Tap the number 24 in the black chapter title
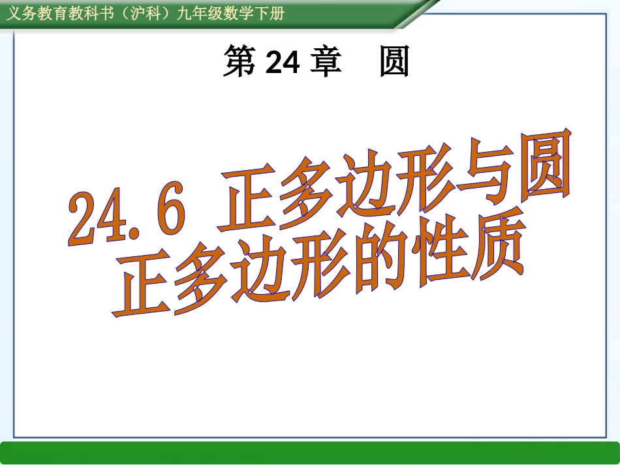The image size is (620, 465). click(283, 63)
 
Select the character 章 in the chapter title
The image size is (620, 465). click(326, 63)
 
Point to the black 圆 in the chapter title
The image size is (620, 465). click(394, 63)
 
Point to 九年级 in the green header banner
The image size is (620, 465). click(195, 13)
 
